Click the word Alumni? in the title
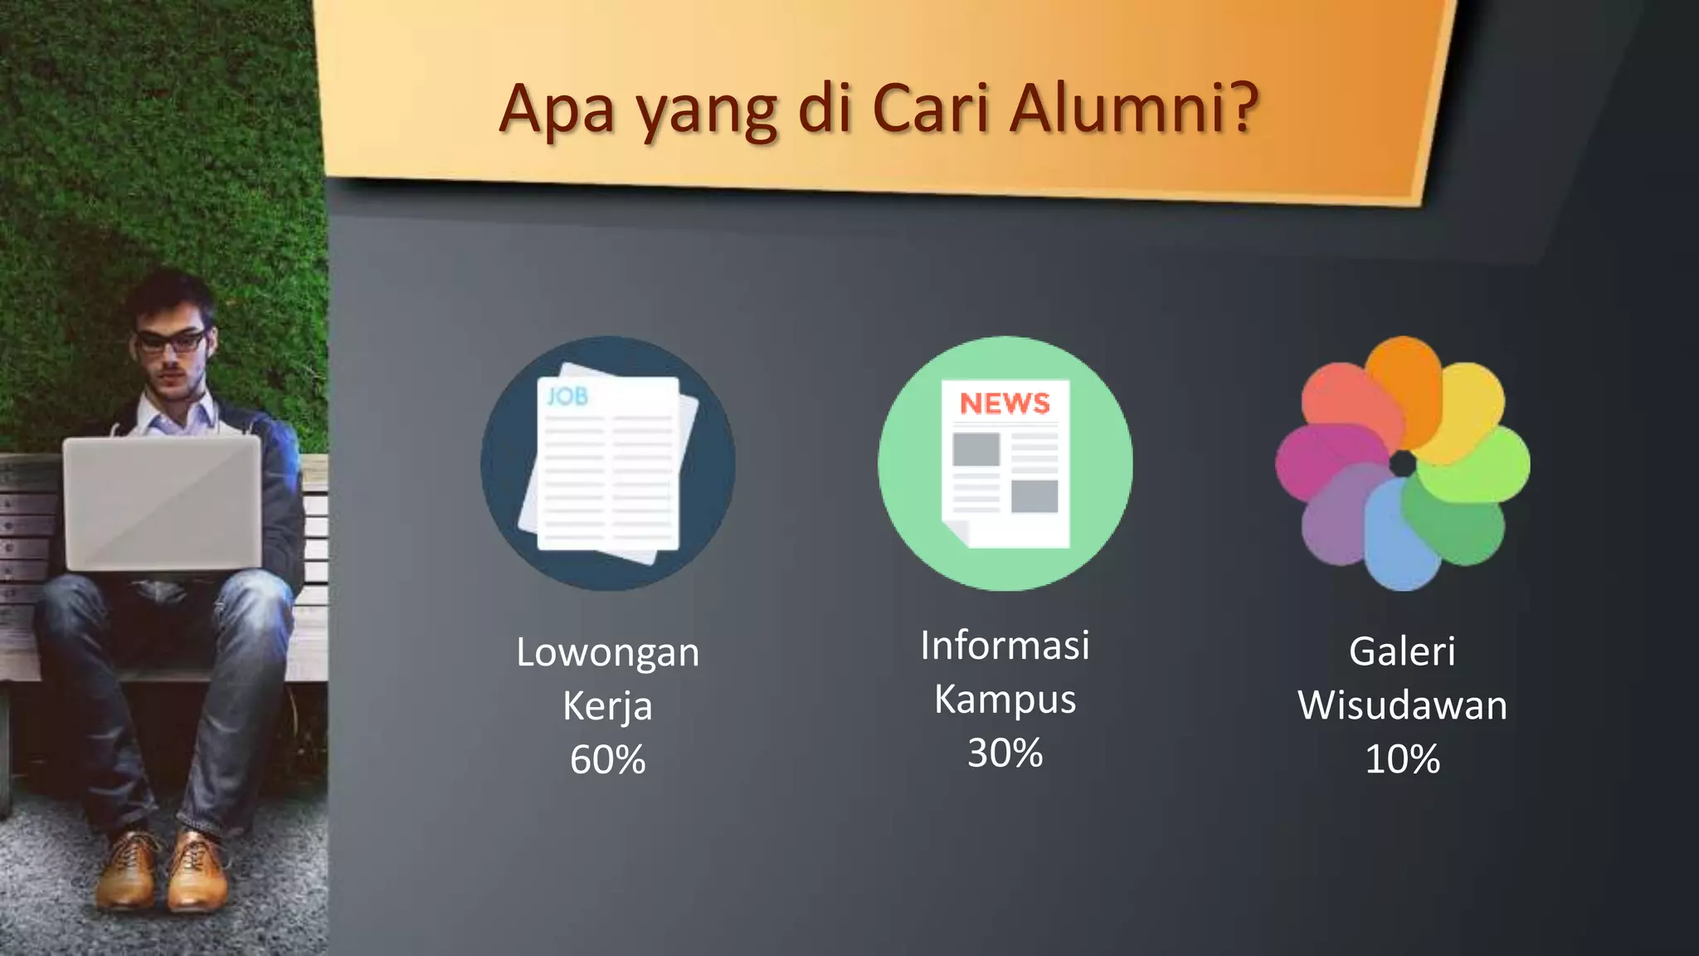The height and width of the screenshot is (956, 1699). coord(1134,108)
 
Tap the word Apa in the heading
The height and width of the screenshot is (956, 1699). coord(556,110)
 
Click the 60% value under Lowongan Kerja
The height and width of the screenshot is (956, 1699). coord(607,759)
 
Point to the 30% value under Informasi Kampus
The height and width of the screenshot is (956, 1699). coord(1005,753)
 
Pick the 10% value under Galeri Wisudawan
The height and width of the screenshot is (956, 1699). coord(1402,759)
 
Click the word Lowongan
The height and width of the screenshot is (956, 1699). coord(607,653)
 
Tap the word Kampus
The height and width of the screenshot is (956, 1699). coord(1005,700)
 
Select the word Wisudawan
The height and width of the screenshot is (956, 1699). coord(1402,705)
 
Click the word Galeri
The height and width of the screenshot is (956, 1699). coord(1402,651)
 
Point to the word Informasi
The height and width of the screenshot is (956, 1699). coord(1005,646)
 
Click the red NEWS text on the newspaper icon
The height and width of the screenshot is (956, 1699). coord(1005,403)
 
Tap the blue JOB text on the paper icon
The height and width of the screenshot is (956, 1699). coord(567,397)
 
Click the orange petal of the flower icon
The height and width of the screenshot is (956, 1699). coord(1404,382)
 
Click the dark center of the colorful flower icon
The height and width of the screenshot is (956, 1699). coord(1403,464)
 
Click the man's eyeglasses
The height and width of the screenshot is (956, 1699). coord(171,340)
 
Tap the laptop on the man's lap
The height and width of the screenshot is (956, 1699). coord(163,502)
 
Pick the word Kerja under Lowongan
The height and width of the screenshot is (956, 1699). coord(607,706)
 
